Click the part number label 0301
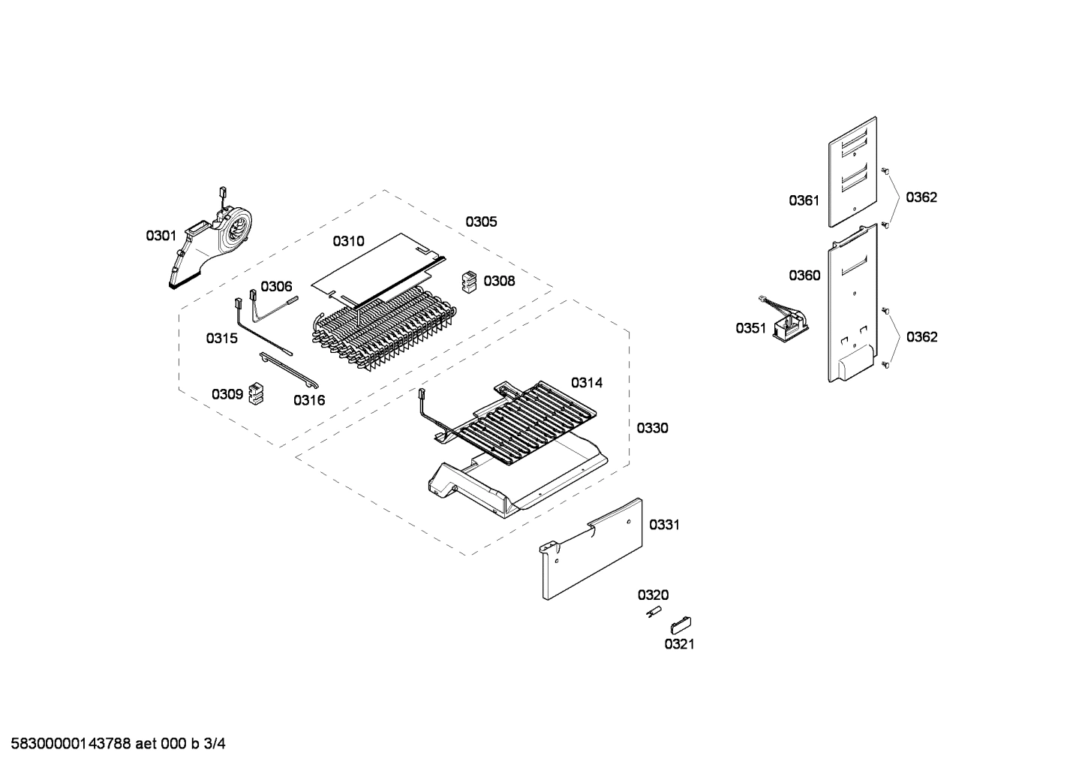[161, 236]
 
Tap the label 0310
[348, 241]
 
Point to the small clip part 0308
[470, 282]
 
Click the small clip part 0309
[257, 393]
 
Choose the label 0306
[276, 286]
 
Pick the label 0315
[221, 339]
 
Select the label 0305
[481, 221]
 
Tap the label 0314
[587, 383]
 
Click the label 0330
[652, 428]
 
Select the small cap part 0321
[681, 624]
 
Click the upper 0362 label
[921, 197]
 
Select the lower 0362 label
[921, 337]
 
